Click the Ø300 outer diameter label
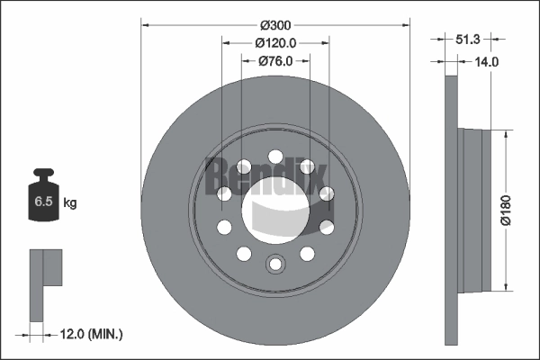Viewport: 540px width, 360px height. (x=275, y=25)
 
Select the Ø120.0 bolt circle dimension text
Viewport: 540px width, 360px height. (x=275, y=42)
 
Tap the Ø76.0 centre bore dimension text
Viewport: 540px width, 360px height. (x=275, y=60)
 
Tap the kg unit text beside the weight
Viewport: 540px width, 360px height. (x=70, y=203)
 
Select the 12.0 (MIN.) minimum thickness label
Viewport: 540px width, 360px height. (x=89, y=334)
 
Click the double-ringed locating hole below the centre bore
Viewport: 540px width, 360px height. (x=275, y=264)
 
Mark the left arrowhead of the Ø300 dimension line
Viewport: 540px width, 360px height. (x=144, y=25)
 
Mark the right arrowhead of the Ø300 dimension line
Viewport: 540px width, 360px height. (x=407, y=25)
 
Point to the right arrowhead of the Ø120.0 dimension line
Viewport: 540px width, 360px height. (x=326, y=42)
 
